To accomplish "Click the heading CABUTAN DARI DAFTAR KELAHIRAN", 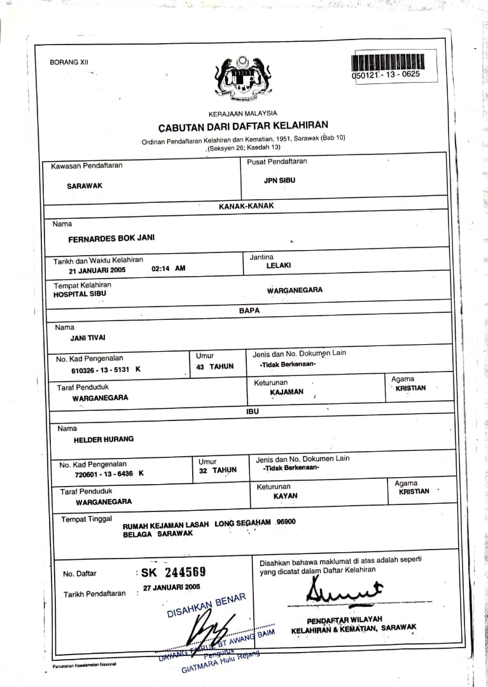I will click(243, 126).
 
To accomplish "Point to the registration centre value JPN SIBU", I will click(279, 181).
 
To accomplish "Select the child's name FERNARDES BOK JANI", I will click(111, 239).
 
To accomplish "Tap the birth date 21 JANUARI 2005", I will click(97, 269).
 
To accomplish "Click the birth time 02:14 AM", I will click(169, 268).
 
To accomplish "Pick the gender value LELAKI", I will click(279, 266).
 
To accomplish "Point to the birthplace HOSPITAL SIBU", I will click(80, 294).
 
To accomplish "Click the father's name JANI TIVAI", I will click(88, 338).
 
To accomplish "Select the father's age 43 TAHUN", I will click(215, 366).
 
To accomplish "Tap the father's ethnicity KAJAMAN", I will click(287, 392).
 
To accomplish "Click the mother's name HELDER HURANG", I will click(104, 439).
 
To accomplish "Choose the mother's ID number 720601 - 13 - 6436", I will click(103, 474).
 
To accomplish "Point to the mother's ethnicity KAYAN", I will click(285, 496).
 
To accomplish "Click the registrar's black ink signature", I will click(344, 592).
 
